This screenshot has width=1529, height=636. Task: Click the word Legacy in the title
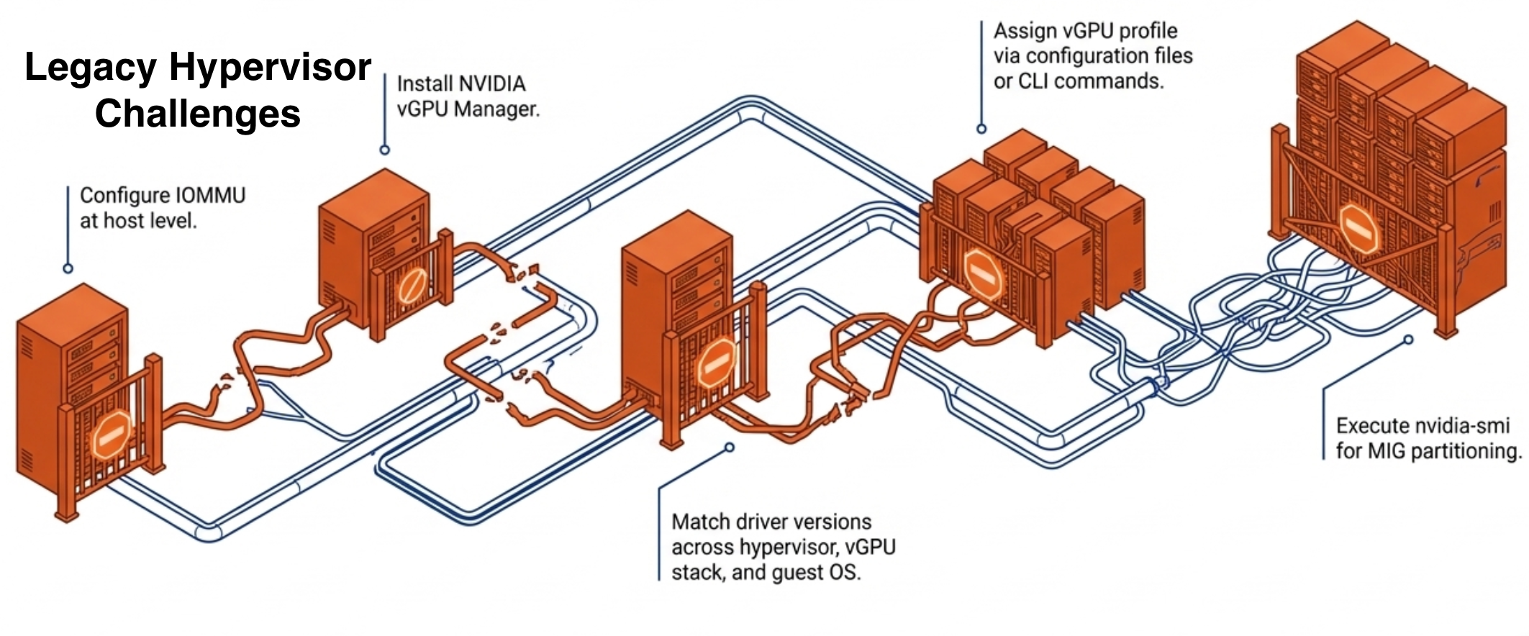(90, 68)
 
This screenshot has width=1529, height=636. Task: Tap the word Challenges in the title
(198, 114)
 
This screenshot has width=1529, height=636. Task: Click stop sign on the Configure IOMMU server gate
(111, 435)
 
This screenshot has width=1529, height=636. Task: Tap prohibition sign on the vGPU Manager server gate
(409, 287)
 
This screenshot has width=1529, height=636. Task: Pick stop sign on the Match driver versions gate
(717, 365)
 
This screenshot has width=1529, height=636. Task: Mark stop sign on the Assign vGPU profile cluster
(983, 274)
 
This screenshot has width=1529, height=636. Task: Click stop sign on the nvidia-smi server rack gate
(1358, 228)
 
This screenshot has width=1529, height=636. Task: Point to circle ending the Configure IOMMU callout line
(68, 268)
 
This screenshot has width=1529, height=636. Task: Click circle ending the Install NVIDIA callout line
(385, 150)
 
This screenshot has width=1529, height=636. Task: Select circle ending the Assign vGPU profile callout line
(981, 129)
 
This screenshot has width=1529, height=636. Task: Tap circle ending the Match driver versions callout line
(729, 448)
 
